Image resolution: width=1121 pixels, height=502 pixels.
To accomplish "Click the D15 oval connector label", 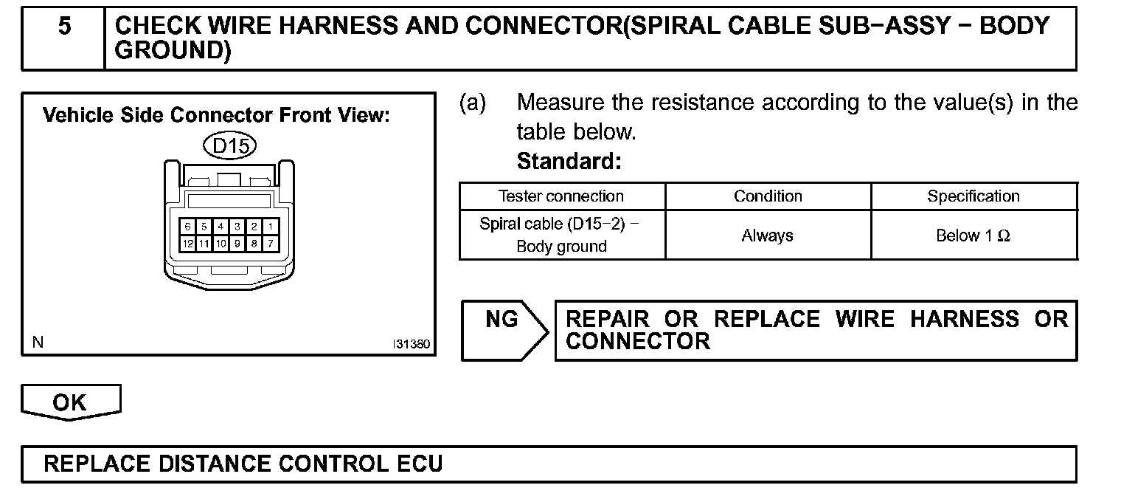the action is click(x=230, y=146).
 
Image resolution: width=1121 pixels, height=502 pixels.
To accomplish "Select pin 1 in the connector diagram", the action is click(x=271, y=227).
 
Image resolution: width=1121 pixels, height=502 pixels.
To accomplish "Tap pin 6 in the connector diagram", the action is click(x=189, y=227).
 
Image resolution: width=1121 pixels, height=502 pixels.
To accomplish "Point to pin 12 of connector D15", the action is click(x=189, y=242).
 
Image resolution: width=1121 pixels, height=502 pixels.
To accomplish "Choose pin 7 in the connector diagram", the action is click(x=271, y=242).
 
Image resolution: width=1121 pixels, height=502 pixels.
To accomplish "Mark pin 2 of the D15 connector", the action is click(x=254, y=227).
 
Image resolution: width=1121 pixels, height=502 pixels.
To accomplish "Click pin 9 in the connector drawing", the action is click(x=237, y=242).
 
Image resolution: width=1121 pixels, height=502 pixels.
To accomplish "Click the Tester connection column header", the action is click(x=561, y=196).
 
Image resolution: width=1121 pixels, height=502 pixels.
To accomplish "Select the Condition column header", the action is click(x=768, y=196).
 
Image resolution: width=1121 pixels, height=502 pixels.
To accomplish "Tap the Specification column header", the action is click(x=974, y=196).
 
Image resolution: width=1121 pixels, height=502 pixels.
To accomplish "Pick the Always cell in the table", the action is click(x=768, y=235).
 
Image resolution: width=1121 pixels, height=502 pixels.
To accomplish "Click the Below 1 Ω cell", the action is click(x=974, y=235).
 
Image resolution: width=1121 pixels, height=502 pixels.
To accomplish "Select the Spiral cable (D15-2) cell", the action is click(x=561, y=235).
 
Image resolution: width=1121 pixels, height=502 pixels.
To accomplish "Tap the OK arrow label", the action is click(x=70, y=403).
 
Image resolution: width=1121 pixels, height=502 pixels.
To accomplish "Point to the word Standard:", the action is click(x=569, y=161).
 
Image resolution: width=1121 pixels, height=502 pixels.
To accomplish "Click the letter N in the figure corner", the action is click(x=38, y=343).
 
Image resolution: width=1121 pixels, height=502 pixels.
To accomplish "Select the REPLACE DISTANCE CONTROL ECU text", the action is click(x=243, y=464).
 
